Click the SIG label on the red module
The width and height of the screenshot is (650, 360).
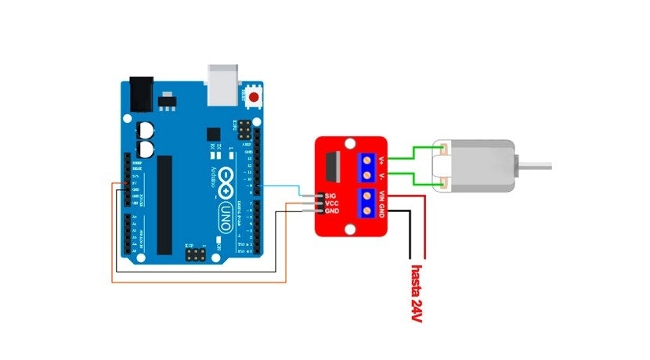click(x=331, y=193)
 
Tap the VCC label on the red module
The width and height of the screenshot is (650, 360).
click(x=331, y=202)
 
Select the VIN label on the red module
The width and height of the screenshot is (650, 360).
click(x=381, y=196)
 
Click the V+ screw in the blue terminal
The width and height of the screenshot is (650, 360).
click(x=366, y=161)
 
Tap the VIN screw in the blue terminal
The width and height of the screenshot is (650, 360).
click(x=366, y=196)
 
